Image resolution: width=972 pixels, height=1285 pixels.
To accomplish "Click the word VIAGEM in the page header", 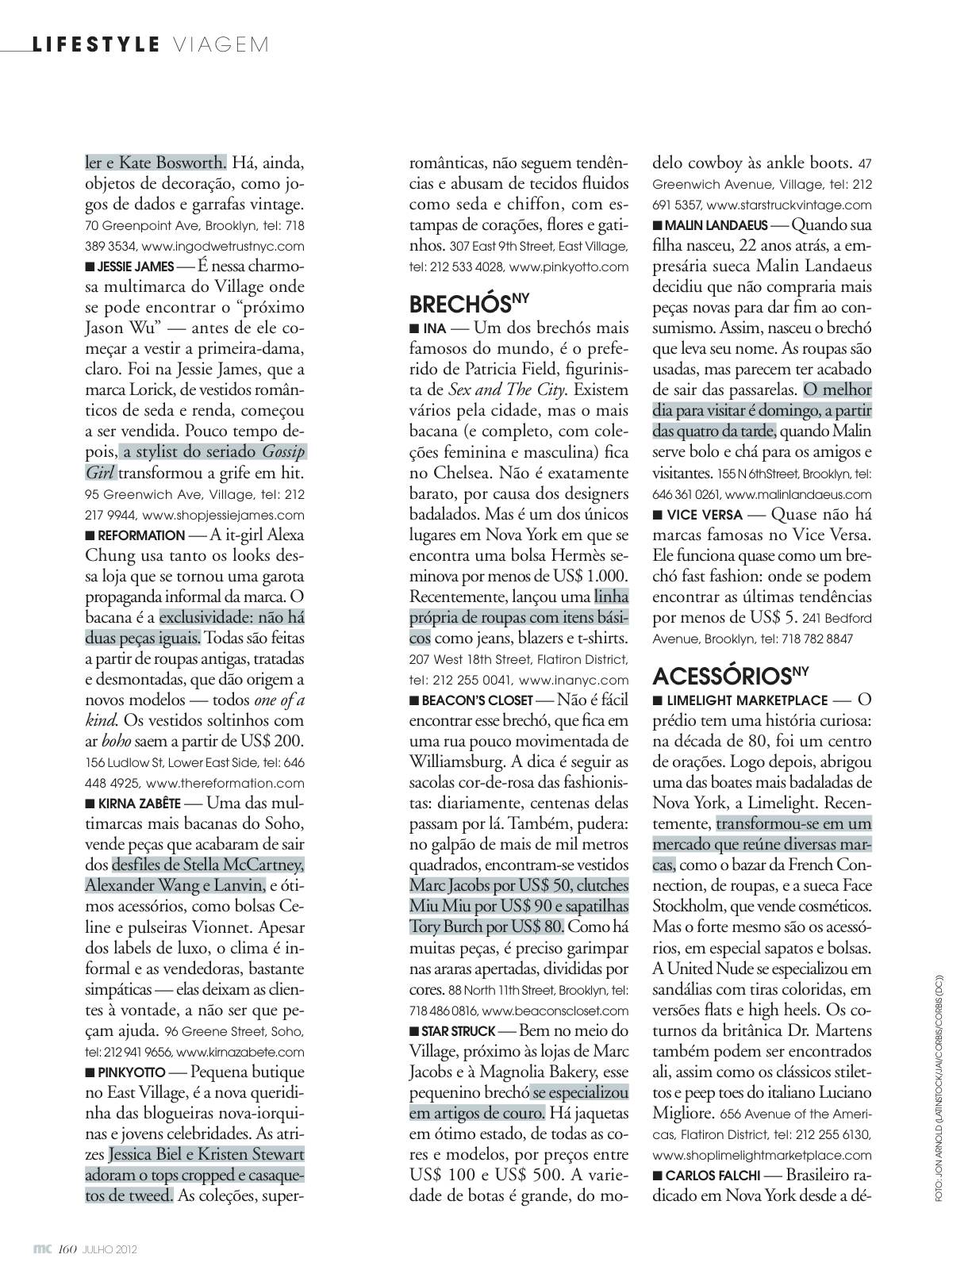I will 220,44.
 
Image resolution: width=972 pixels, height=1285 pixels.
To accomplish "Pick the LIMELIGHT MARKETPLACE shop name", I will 747,701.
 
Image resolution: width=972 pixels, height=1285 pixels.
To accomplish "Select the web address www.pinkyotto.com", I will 568,267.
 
